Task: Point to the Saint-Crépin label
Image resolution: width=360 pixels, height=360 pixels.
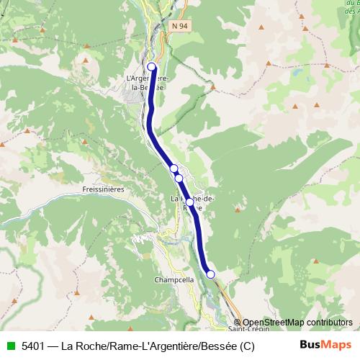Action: click(245, 328)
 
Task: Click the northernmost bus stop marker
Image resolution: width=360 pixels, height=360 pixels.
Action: click(152, 67)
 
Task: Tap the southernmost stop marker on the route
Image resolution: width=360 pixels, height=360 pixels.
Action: click(210, 274)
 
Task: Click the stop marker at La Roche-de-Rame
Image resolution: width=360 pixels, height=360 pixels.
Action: click(190, 202)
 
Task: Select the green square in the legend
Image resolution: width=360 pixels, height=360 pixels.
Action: click(9, 346)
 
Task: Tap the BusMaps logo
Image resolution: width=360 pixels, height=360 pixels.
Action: click(325, 345)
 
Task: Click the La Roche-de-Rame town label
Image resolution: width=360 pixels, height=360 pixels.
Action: click(192, 203)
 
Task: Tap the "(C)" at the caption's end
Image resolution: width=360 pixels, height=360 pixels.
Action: click(247, 346)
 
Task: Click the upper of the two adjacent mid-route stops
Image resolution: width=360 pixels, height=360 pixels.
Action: click(174, 168)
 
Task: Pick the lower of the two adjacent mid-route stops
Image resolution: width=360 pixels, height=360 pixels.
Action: click(179, 178)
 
